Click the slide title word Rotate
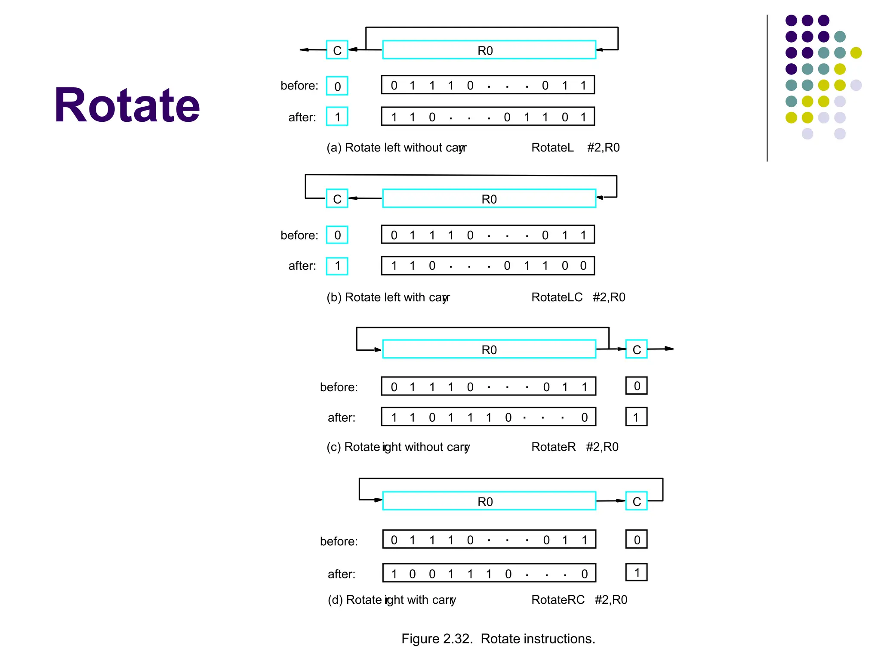[x=127, y=105]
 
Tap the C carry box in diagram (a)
[x=337, y=50]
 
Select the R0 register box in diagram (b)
[x=489, y=199]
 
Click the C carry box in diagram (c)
[x=636, y=349]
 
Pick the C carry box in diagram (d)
[x=636, y=501]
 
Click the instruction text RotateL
[x=552, y=148]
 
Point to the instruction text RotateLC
[x=557, y=297]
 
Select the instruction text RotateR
[x=553, y=447]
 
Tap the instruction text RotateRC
[x=558, y=600]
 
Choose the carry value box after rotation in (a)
[x=337, y=117]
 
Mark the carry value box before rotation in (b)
[x=337, y=235]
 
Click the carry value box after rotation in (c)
[x=636, y=417]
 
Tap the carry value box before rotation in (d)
[x=636, y=540]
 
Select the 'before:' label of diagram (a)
[x=299, y=86]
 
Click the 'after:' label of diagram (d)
[x=342, y=574]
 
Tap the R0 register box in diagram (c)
[x=489, y=349]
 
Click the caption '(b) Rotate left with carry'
[x=388, y=297]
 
